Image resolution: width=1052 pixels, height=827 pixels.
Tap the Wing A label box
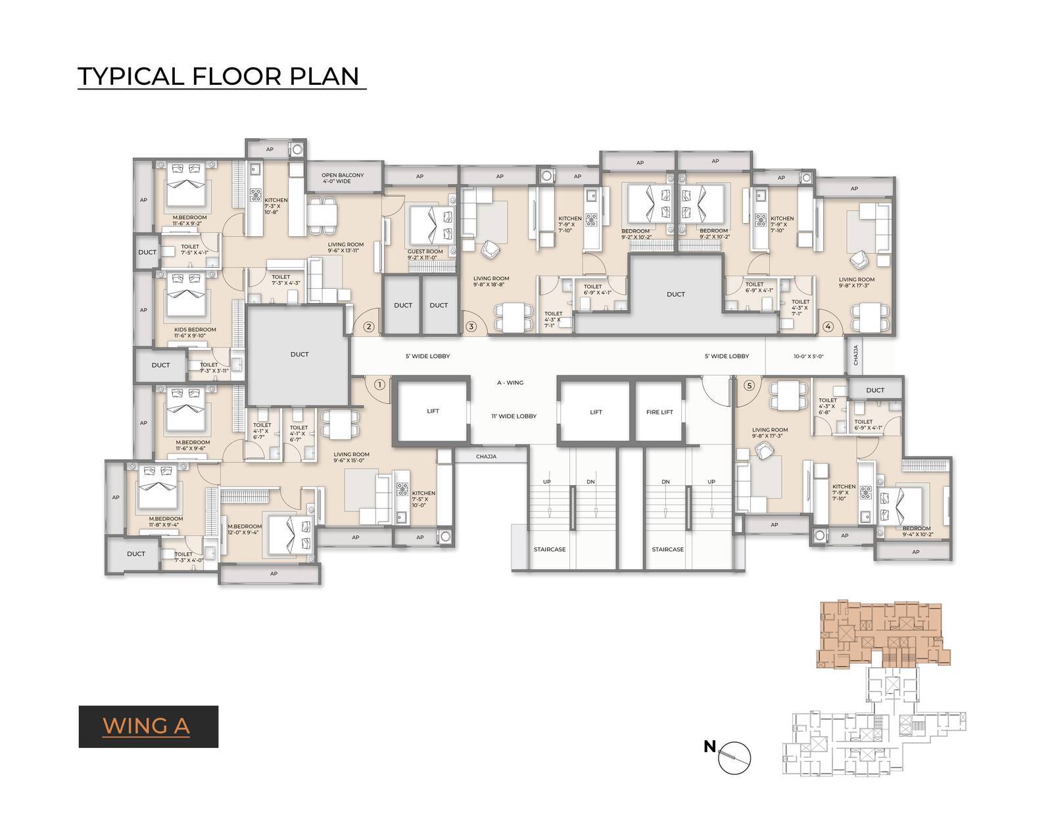pyautogui.click(x=148, y=726)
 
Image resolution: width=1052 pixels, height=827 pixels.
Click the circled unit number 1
pyautogui.click(x=379, y=384)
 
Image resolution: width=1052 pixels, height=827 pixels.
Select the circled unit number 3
pyautogui.click(x=470, y=326)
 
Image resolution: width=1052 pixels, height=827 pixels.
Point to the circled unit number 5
pyautogui.click(x=748, y=386)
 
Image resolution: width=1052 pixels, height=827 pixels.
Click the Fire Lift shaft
pyautogui.click(x=659, y=412)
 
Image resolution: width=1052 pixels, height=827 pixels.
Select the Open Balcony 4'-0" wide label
pyautogui.click(x=343, y=178)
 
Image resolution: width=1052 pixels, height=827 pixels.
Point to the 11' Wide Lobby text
pyautogui.click(x=514, y=416)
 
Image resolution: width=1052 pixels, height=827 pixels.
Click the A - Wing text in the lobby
pyautogui.click(x=510, y=382)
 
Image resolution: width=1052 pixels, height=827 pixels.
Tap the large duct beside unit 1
pyautogui.click(x=299, y=355)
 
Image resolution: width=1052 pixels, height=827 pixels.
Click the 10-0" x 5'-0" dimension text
pyautogui.click(x=808, y=356)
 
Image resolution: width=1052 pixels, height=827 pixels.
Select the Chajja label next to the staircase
pyautogui.click(x=486, y=456)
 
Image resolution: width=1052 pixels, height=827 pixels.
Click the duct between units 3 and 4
pyautogui.click(x=675, y=294)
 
